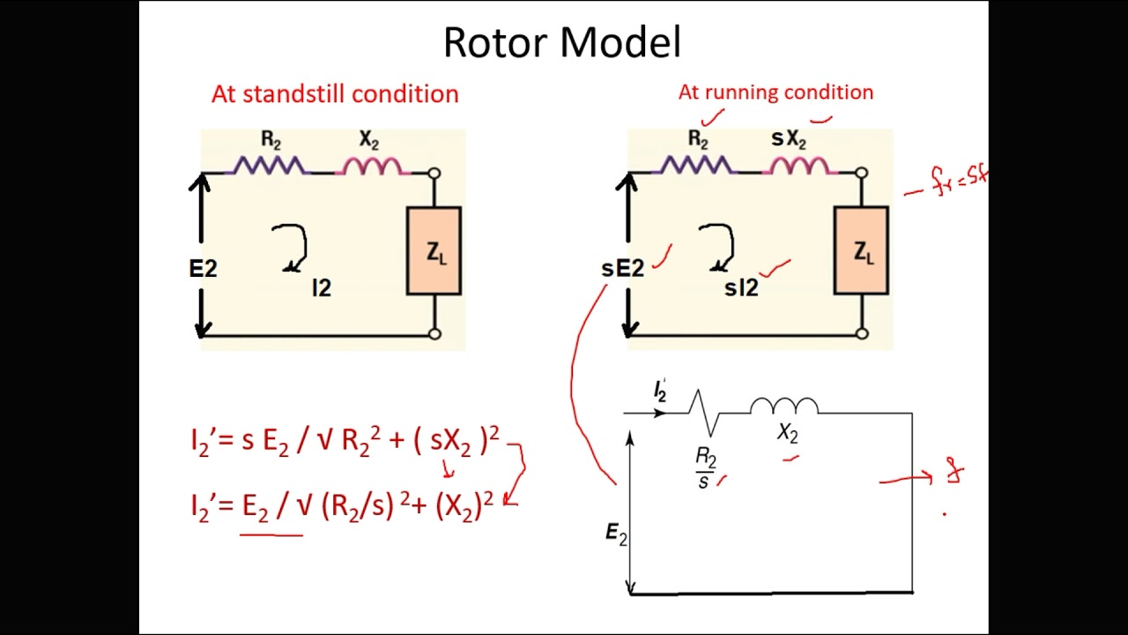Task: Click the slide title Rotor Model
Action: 562,42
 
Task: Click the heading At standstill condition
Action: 335,93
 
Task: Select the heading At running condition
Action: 775,92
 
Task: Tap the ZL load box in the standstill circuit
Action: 434,251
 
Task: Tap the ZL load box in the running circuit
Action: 861,251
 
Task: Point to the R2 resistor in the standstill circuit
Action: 269,165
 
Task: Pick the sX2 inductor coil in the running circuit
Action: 799,165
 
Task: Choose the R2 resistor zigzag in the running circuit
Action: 696,165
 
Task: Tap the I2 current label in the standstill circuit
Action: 322,288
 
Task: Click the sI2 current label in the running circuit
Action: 741,288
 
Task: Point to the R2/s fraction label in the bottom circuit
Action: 706,467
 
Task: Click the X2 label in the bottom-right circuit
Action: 787,433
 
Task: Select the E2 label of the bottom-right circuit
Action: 616,533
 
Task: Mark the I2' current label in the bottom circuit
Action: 660,391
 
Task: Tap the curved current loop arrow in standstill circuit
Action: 291,247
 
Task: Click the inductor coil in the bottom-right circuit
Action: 784,406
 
